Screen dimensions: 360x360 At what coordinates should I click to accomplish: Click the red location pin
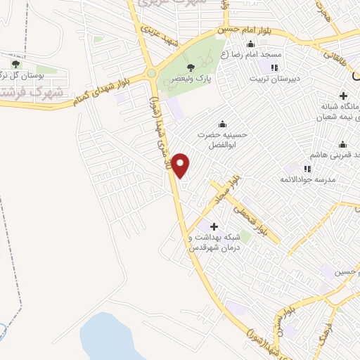coord(181,165)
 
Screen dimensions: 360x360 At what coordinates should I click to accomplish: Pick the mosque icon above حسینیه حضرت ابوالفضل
coord(223,119)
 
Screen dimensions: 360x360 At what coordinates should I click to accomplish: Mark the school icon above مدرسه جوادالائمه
coord(307,168)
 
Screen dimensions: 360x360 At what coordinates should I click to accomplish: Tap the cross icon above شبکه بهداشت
coord(214,226)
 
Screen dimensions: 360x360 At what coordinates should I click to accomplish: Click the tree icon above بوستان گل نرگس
coord(15,64)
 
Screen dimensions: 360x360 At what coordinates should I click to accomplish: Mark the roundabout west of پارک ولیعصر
coord(150,73)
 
